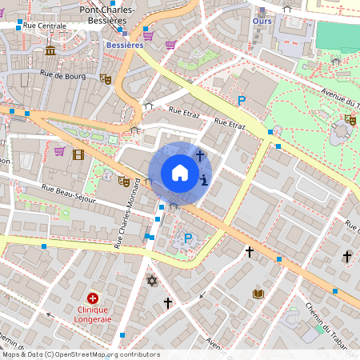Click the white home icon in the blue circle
point(180,173)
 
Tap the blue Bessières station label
point(124,46)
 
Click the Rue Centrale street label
point(45,26)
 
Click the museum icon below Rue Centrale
point(50,51)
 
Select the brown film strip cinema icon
point(78,154)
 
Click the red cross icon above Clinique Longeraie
point(93,298)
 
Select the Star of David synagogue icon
point(151,281)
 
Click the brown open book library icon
point(258,294)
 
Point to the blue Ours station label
point(257,21)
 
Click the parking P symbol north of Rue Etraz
point(241,100)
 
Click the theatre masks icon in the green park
point(350,119)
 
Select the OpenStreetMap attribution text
point(80,354)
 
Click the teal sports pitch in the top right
point(338,34)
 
